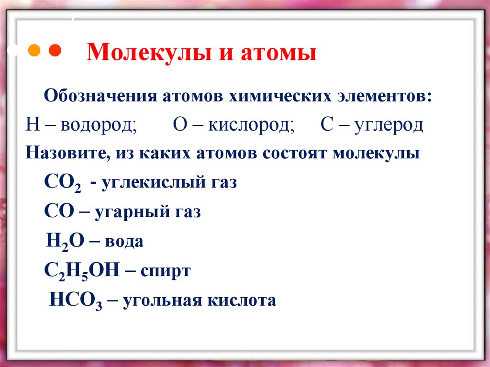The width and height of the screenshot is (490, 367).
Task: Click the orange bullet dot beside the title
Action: tap(34, 51)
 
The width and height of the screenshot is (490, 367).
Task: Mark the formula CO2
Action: tap(62, 183)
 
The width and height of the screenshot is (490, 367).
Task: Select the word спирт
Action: tap(165, 271)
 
